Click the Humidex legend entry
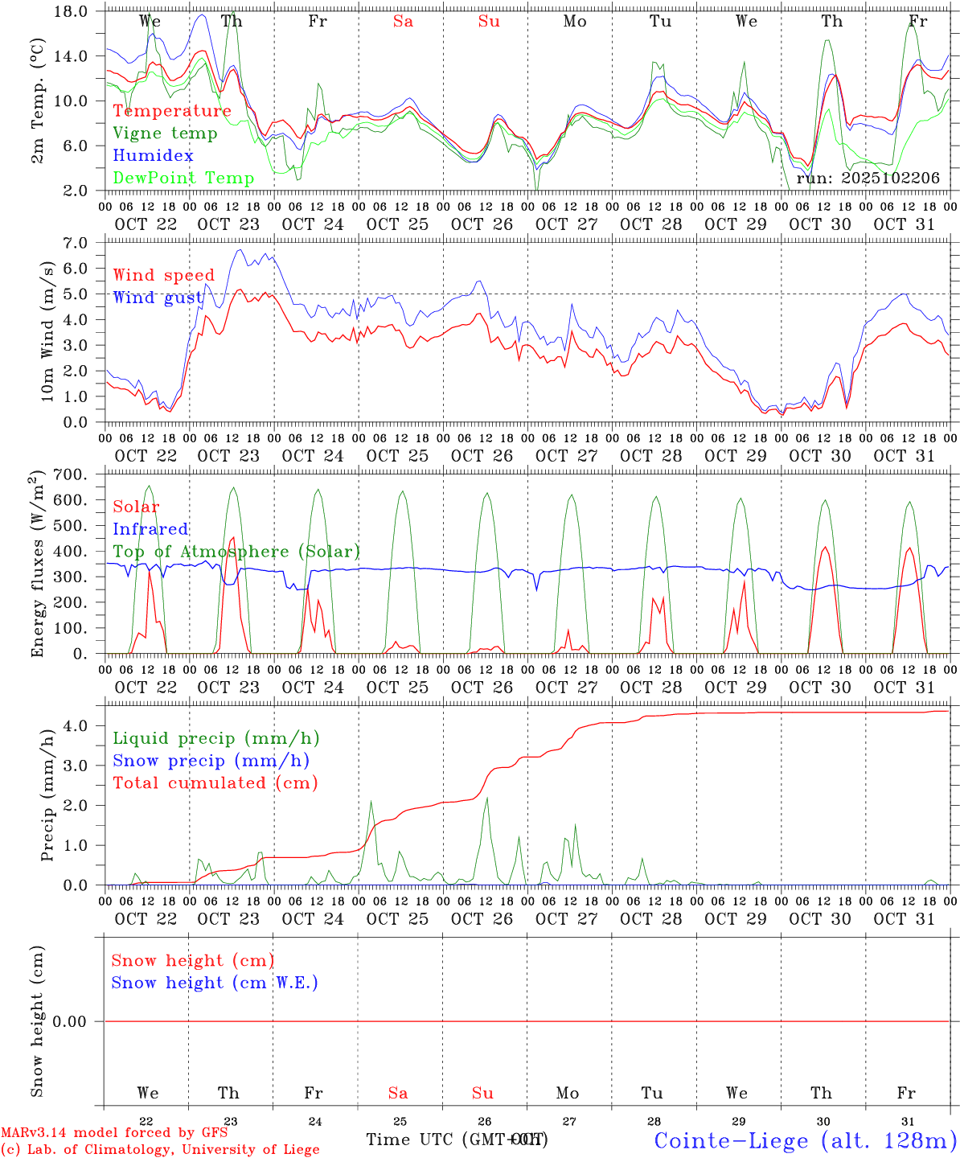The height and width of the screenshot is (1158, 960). [153, 156]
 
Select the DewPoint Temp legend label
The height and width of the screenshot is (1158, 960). [183, 179]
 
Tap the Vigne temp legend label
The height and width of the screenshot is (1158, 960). [165, 133]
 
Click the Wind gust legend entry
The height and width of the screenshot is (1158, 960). [158, 298]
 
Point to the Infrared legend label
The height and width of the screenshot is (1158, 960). [150, 529]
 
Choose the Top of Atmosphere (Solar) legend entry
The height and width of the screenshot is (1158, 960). [236, 552]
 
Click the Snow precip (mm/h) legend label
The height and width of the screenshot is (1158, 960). [211, 761]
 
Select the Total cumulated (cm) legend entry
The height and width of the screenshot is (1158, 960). [215, 783]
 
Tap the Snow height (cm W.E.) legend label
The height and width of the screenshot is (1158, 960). [214, 983]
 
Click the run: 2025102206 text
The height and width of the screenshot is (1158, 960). [868, 179]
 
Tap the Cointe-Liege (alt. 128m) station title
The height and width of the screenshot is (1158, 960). [804, 1140]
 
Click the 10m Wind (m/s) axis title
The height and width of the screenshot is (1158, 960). [47, 331]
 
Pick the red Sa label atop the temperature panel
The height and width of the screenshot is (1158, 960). [403, 22]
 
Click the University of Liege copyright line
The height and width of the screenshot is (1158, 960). [160, 1149]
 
